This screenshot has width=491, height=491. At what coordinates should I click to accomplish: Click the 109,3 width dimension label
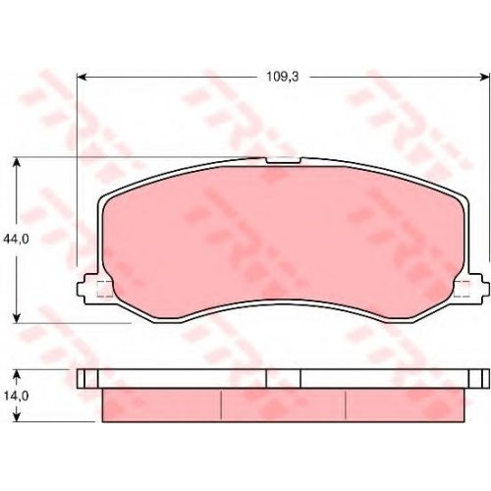[282, 77]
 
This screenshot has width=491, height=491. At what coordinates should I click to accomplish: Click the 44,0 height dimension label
[16, 240]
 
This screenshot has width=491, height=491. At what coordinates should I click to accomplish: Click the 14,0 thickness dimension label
[16, 396]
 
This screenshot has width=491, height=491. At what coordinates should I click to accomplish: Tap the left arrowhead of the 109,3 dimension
[82, 78]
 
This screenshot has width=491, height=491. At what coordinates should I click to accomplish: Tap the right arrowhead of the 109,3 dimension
[485, 78]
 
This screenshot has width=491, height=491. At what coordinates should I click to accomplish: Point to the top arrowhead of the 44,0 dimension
[17, 162]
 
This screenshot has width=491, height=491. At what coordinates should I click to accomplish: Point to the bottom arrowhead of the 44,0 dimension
[17, 319]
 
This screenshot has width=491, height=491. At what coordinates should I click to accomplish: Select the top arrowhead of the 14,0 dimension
[17, 374]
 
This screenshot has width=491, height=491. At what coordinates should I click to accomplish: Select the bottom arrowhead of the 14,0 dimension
[17, 416]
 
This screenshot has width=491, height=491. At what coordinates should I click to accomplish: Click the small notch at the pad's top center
[283, 160]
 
